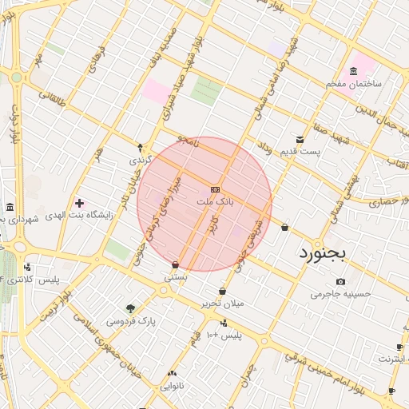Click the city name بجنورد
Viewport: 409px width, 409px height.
click(x=324, y=253)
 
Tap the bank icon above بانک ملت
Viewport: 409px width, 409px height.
click(x=214, y=189)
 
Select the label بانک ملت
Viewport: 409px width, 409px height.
click(x=216, y=203)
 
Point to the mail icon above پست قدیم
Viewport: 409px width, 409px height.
click(x=300, y=139)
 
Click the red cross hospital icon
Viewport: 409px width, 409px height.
click(x=78, y=203)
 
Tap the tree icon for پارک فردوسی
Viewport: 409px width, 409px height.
click(x=130, y=308)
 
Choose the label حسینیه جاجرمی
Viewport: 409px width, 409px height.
click(x=342, y=294)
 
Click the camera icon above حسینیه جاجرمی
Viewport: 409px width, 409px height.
click(x=341, y=281)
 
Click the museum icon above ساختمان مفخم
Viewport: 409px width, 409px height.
click(x=354, y=71)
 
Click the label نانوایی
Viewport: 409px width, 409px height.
click(x=173, y=386)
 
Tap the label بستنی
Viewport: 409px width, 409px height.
click(x=175, y=276)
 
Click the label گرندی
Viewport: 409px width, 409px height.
click(x=140, y=160)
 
